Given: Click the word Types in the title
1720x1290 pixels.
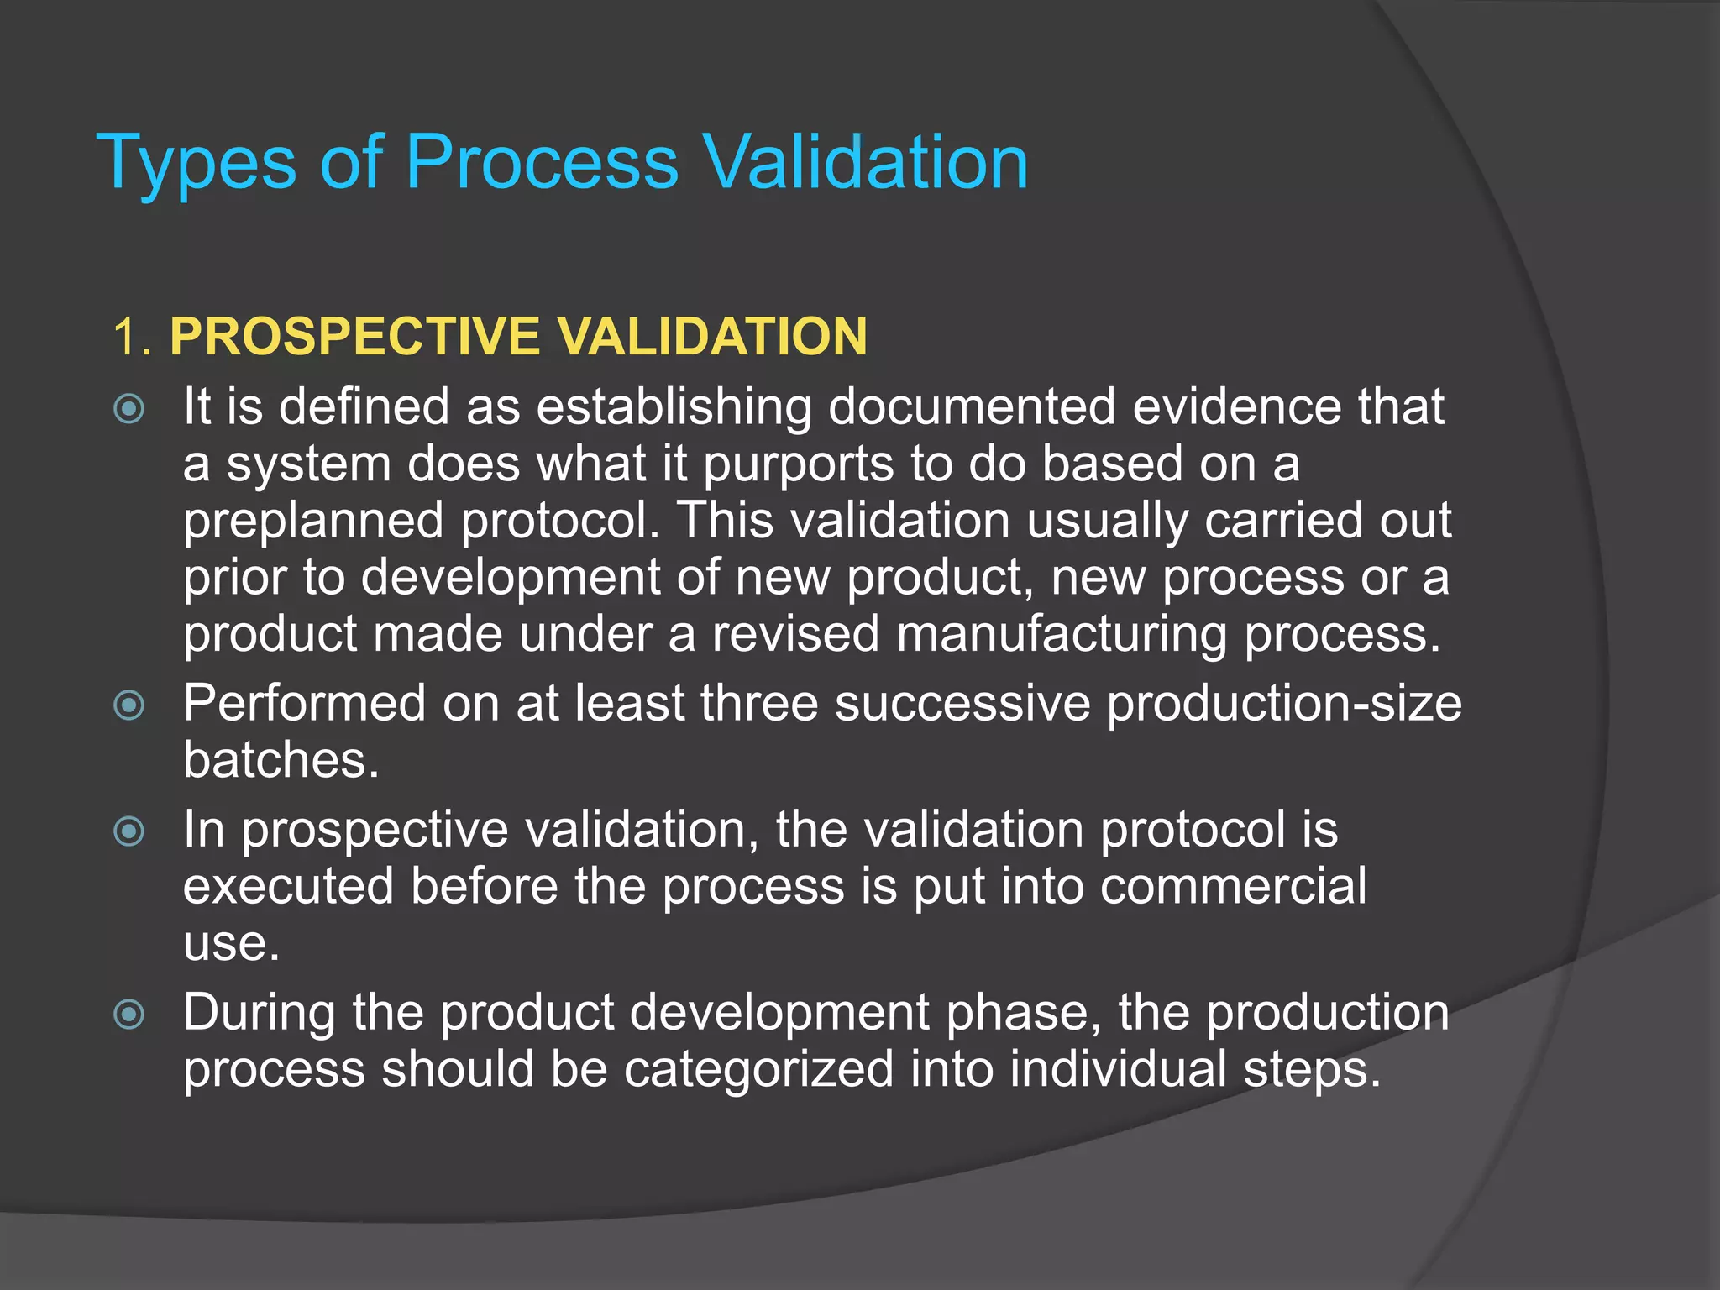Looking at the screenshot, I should click(197, 163).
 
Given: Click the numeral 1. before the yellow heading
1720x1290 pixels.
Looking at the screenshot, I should click(133, 338).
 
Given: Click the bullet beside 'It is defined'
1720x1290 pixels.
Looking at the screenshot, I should click(129, 410).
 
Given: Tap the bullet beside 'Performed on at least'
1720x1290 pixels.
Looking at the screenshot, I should click(129, 705).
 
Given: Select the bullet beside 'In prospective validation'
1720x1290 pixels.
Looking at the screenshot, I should click(129, 832).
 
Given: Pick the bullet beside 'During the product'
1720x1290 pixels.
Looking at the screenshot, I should click(129, 1015).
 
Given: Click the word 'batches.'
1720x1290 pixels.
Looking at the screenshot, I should click(281, 760).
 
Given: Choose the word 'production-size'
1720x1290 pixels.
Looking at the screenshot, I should click(1283, 703).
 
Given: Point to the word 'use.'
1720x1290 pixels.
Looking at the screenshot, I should click(231, 944).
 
